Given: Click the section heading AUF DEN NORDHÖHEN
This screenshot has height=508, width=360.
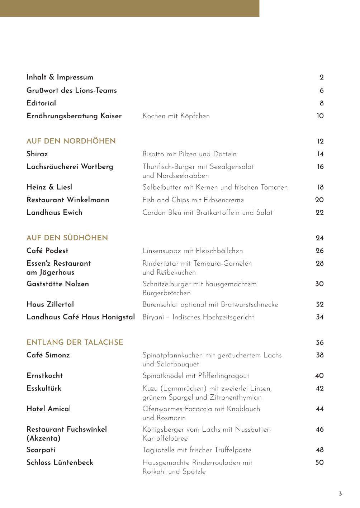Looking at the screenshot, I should coord(71,141).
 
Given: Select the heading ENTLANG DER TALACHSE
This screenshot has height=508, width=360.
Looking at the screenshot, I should coord(75,342).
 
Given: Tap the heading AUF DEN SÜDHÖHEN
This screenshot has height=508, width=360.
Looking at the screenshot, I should coord(67,238).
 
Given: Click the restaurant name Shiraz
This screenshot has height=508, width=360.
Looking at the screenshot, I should coord(37,154).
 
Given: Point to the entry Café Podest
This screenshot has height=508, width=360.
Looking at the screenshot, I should coord(47,251).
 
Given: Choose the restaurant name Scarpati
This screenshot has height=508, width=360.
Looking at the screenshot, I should coord(41,450).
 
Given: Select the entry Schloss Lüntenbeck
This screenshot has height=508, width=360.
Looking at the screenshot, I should coord(60,462).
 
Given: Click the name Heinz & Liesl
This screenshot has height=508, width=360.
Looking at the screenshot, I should coord(49,187).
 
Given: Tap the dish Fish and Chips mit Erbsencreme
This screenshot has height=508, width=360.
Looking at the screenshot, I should coord(193,200).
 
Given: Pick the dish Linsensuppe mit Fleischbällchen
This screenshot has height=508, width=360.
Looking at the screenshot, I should coord(193,251).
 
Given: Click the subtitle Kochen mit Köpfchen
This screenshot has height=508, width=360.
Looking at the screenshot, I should coord(176,116).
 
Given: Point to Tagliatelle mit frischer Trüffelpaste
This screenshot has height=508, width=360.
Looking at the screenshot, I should coord(197,450).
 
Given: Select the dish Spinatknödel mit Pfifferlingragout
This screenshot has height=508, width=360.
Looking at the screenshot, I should coord(196,376).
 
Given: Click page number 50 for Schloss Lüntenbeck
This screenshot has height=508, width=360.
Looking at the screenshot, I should coord(319,462).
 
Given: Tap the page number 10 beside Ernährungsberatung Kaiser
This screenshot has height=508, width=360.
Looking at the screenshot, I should coord(320,116).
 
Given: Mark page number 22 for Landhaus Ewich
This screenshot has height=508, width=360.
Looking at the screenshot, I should coord(319,213).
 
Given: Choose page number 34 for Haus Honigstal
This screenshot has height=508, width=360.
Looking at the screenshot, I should coord(320,317).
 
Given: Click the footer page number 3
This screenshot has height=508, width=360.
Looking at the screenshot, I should coord(340,494).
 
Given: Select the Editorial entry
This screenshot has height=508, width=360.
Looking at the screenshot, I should coord(41,103).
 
